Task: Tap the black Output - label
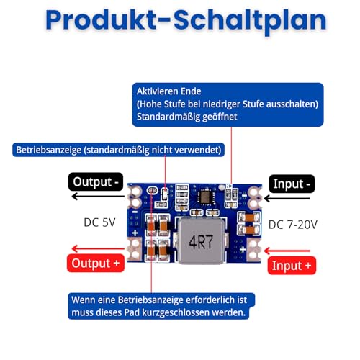click(x=96, y=182)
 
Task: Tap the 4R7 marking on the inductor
click(x=201, y=243)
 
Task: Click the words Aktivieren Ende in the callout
click(x=170, y=91)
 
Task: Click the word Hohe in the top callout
click(x=150, y=104)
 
